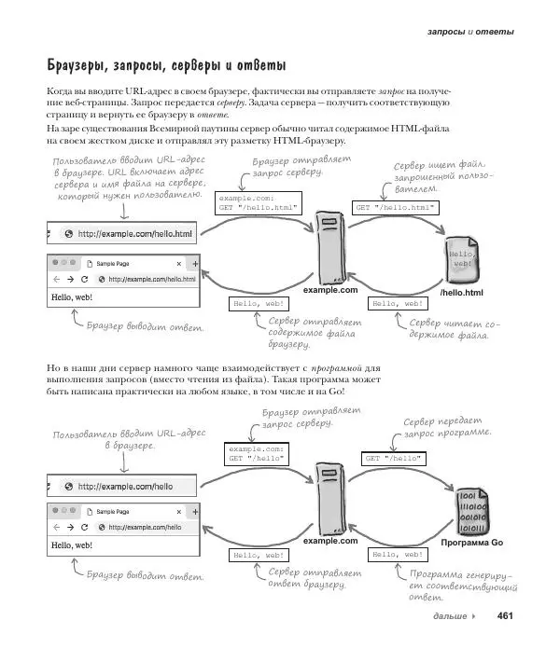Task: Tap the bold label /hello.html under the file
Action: tap(460, 294)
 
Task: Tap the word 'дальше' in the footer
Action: tap(451, 616)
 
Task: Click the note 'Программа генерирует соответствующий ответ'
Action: tap(457, 587)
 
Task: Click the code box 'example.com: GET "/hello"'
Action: tap(254, 453)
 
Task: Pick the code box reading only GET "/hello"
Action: tap(393, 458)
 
